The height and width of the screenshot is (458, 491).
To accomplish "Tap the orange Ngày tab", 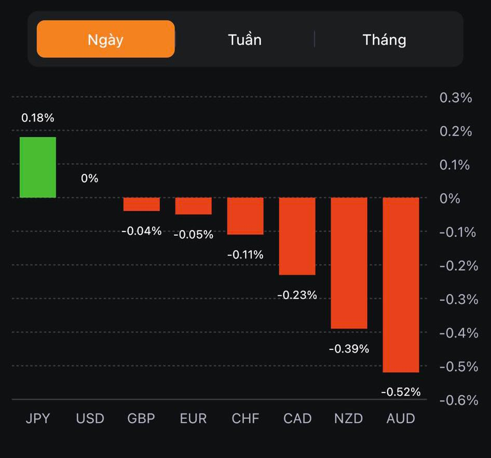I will [x=106, y=39].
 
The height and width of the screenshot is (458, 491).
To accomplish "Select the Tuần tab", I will [x=244, y=39].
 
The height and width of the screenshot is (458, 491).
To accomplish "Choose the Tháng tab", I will [x=384, y=39].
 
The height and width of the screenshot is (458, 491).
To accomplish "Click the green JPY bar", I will [x=38, y=167].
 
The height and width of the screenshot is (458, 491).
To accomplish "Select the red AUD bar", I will [x=401, y=285].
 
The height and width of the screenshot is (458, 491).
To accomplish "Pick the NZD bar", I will [x=349, y=263].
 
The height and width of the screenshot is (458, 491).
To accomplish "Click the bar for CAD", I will [x=297, y=236].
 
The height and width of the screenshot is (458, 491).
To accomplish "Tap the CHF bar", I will [x=245, y=215].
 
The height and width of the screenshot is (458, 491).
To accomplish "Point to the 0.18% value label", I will [x=38, y=118].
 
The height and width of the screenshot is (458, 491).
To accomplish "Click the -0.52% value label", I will [x=401, y=392].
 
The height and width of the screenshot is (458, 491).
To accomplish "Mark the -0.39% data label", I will [x=349, y=349].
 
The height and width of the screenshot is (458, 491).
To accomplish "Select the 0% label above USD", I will [x=89, y=178].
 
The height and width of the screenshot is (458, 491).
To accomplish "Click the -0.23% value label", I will [x=297, y=295].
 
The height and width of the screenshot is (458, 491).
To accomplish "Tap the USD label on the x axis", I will [x=90, y=419].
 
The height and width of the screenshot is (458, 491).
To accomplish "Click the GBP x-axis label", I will [x=141, y=419].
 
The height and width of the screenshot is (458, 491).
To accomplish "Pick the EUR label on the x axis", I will [x=193, y=419].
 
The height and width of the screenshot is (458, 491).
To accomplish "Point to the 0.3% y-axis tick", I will [x=456, y=98].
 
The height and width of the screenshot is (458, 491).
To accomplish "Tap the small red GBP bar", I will [x=141, y=204].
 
